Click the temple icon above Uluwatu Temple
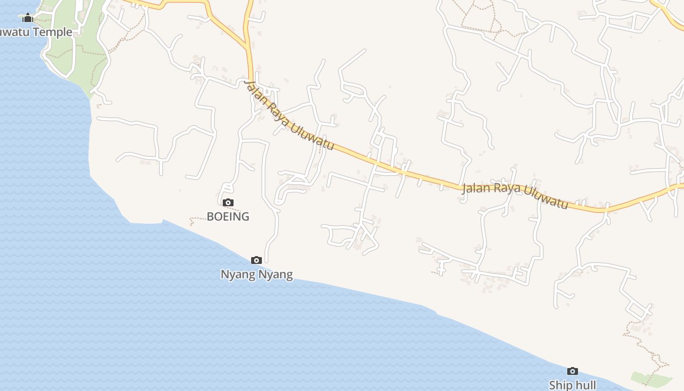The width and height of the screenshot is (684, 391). click(x=28, y=18)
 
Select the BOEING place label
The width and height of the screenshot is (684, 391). click(x=228, y=217)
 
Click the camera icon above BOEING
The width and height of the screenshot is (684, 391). click(x=228, y=202)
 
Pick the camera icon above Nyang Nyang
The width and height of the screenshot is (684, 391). click(x=256, y=260)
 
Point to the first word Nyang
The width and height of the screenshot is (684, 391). click(x=238, y=275)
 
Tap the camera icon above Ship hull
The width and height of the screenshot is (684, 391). click(x=572, y=371)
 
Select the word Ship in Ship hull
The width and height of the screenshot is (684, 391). click(x=560, y=385)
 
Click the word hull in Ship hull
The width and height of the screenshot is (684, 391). click(x=585, y=385)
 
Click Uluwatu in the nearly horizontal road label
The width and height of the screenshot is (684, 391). click(x=546, y=196)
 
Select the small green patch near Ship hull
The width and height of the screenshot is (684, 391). click(x=650, y=379)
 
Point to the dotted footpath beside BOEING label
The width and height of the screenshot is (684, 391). click(x=200, y=218)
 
